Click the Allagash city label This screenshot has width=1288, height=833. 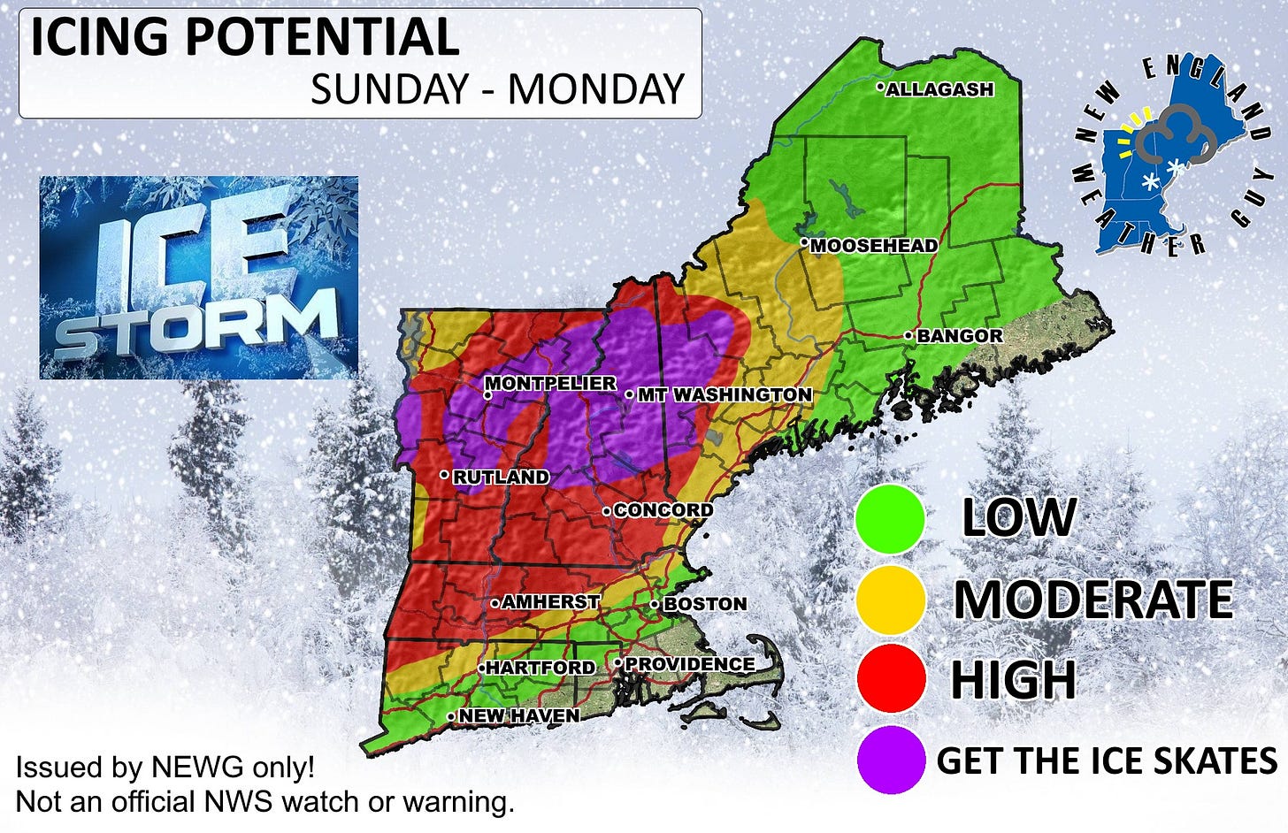click(939, 89)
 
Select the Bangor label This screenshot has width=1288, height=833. click(959, 336)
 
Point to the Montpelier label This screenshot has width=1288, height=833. click(550, 383)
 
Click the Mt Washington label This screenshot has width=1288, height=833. click(724, 394)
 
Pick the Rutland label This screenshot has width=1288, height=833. click(501, 477)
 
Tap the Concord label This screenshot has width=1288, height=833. click(663, 510)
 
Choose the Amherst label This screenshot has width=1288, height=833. click(550, 602)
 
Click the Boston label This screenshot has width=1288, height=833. click(704, 604)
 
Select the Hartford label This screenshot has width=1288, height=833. click(540, 668)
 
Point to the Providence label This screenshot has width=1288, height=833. click(689, 664)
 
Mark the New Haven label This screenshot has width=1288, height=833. click(518, 715)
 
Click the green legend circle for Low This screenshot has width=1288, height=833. click(890, 519)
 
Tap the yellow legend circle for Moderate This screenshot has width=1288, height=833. click(890, 600)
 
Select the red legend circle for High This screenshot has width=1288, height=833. click(890, 679)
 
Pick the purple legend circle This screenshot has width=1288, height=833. click(890, 760)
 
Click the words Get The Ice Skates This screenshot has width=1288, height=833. click(1106, 760)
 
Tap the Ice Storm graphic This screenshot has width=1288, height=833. click(199, 278)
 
